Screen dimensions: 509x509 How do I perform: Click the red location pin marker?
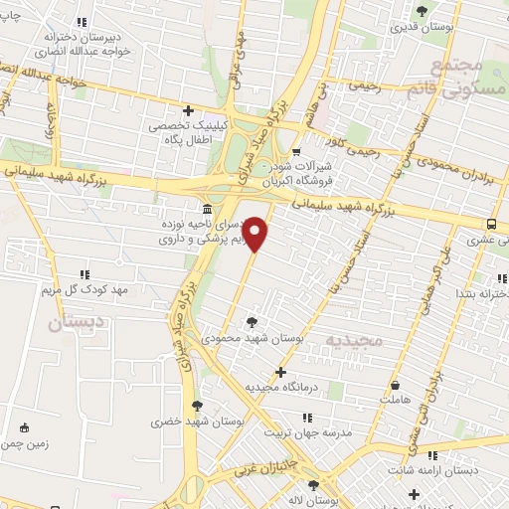coord(256,234)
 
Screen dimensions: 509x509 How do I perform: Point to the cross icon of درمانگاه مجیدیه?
coord(281,372)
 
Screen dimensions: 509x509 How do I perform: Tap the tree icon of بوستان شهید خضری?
coord(197,405)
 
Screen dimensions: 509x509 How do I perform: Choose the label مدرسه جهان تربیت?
coord(307,433)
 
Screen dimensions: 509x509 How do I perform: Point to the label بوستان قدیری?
coord(424,28)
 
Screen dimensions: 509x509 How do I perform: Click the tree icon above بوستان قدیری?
coord(423,11)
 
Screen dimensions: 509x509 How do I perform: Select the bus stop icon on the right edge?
coord(493,224)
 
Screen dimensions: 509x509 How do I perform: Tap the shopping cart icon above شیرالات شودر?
coord(295,152)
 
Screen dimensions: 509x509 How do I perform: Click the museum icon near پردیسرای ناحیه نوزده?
coord(206,210)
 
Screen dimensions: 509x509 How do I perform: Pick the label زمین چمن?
coord(25,444)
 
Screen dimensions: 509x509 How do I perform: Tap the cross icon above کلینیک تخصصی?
coord(188,110)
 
